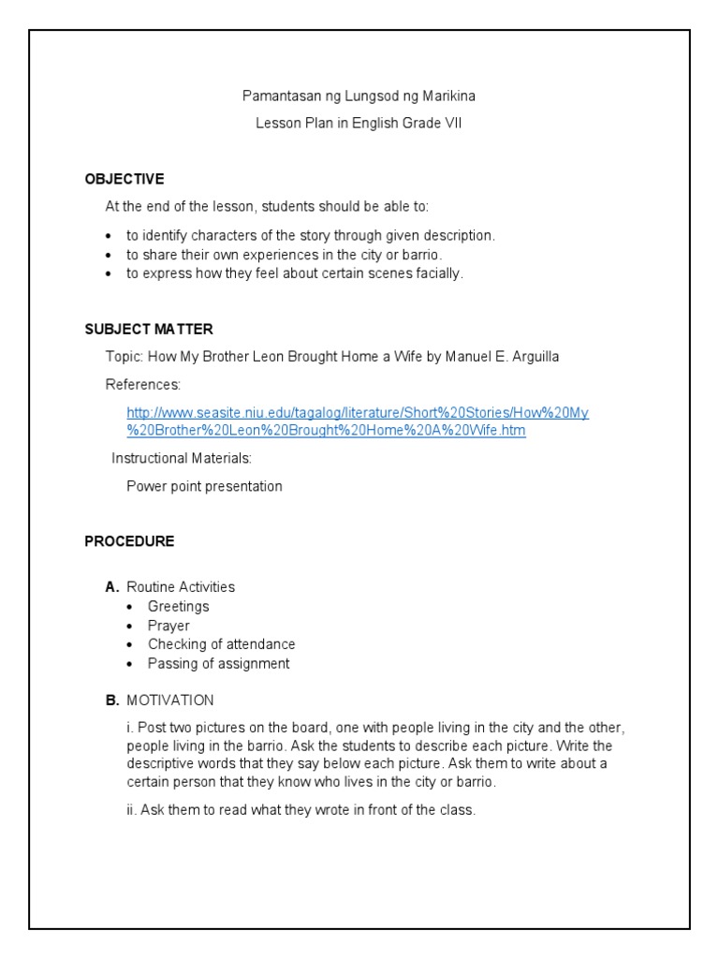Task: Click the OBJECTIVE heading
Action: (x=125, y=179)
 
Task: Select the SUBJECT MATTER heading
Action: (x=149, y=329)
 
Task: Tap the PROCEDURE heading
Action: (x=129, y=541)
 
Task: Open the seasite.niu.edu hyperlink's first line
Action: (x=358, y=412)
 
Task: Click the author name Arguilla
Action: (x=533, y=357)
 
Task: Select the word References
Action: (x=143, y=384)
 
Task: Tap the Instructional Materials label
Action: (x=182, y=458)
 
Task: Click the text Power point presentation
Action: (x=204, y=486)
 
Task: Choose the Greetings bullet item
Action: (x=179, y=606)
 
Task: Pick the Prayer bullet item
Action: (x=169, y=626)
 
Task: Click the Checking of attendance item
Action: (x=221, y=644)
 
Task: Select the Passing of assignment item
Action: (x=218, y=663)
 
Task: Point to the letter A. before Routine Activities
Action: (x=111, y=587)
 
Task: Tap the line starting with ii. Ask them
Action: (x=301, y=810)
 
